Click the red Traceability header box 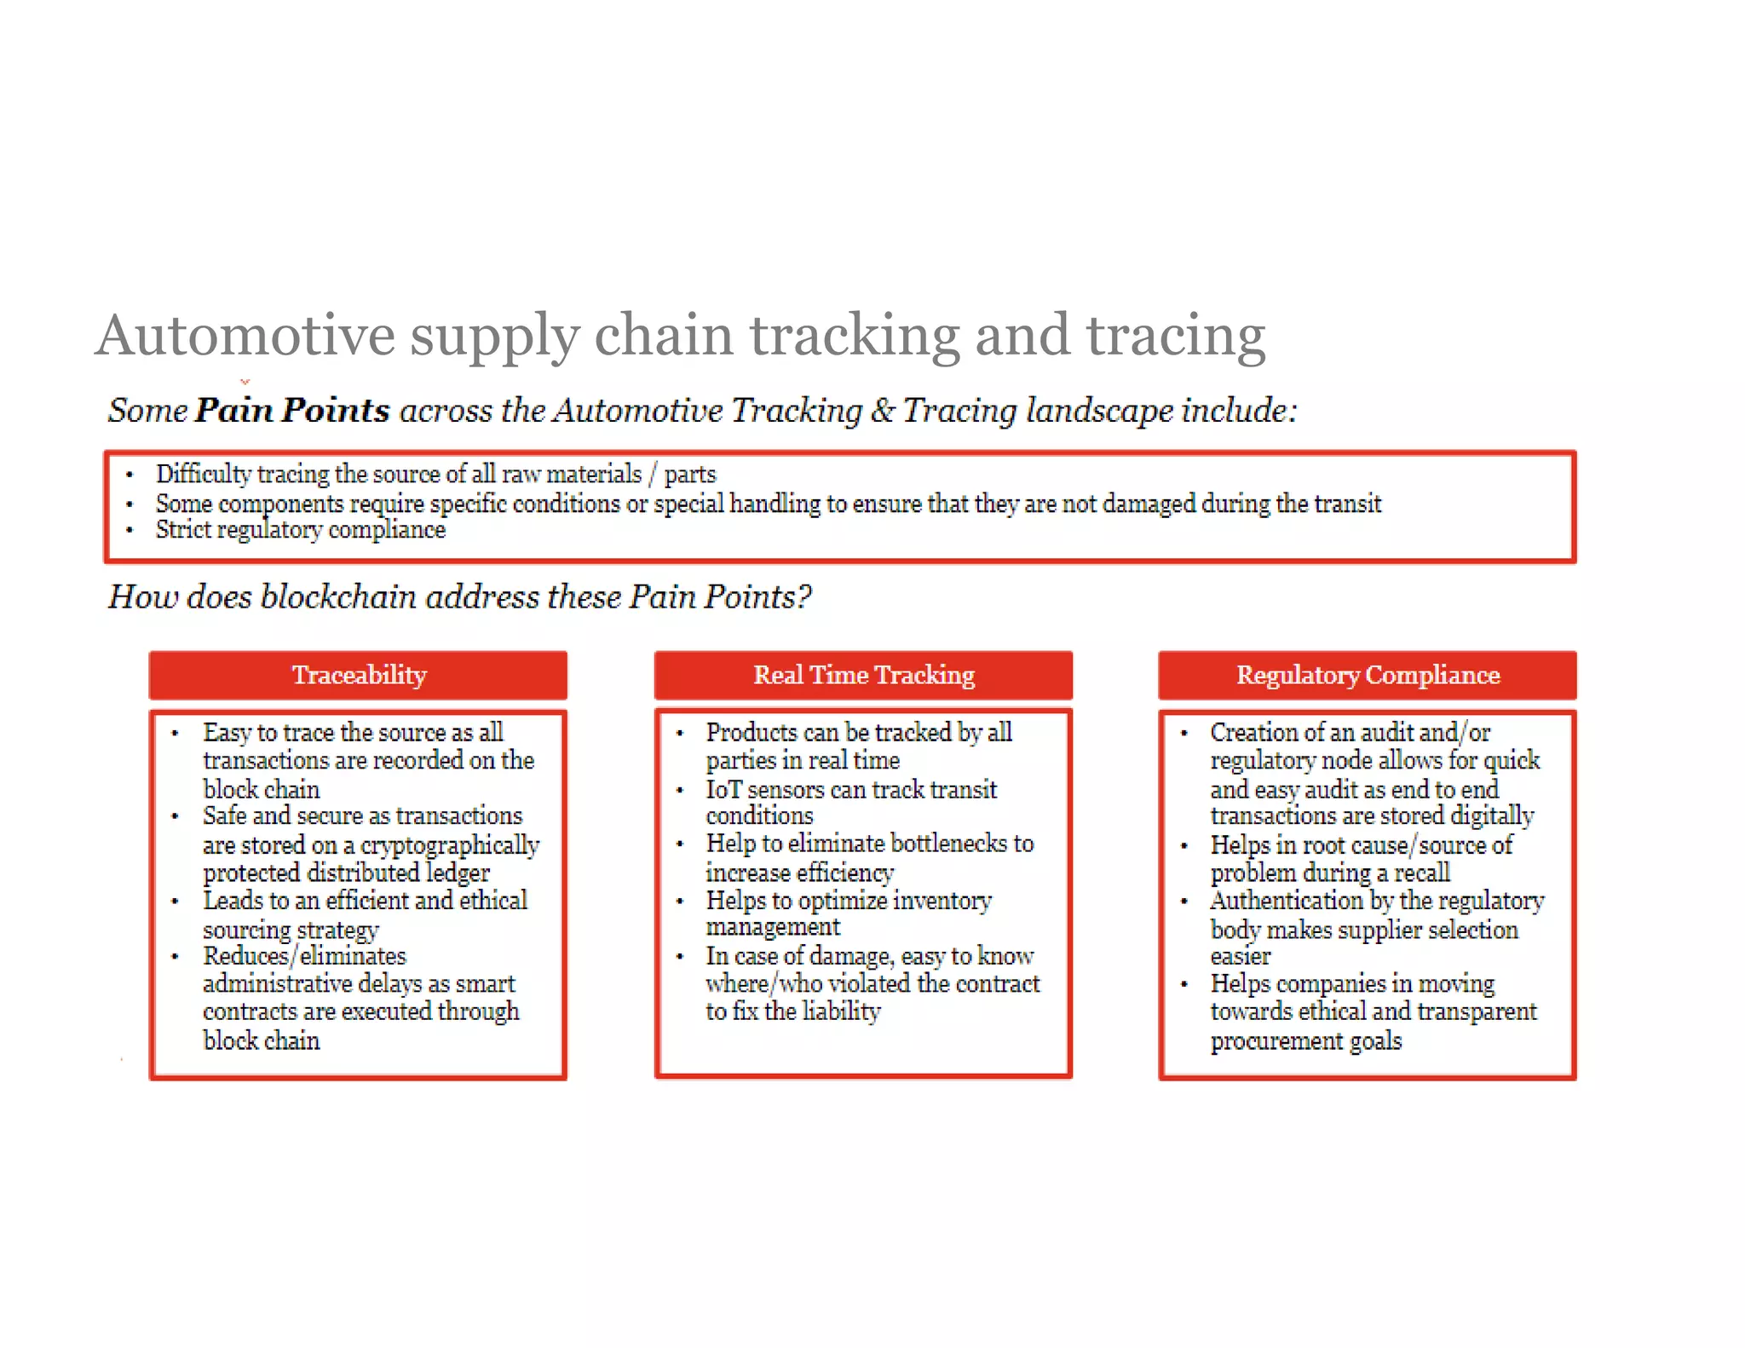[358, 675]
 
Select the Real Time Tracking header [863, 675]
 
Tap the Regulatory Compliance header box [1367, 675]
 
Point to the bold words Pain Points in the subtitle [292, 410]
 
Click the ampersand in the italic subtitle [883, 411]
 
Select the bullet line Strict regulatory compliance [300, 530]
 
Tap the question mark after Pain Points [803, 596]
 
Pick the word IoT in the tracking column [723, 790]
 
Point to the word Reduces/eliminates [304, 956]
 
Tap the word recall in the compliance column [1422, 873]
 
